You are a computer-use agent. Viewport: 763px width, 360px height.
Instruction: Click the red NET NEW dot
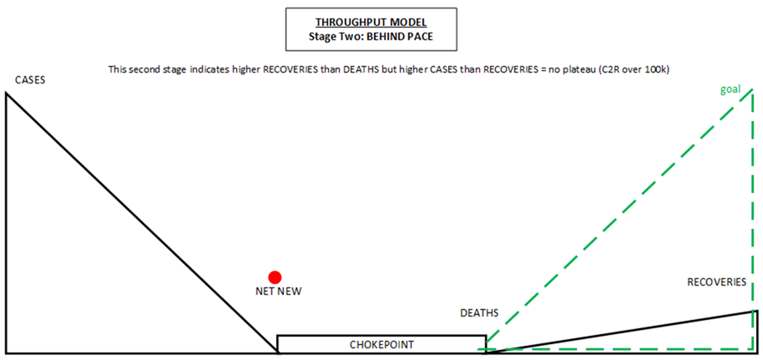(274, 277)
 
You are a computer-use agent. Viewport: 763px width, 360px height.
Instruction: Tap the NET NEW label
(278, 292)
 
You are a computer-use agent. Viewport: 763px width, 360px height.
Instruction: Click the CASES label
(29, 80)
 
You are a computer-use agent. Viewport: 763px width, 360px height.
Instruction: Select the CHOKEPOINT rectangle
(381, 343)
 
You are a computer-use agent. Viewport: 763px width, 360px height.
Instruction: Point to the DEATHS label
(479, 314)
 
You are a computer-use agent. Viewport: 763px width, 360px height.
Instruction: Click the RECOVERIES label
(716, 282)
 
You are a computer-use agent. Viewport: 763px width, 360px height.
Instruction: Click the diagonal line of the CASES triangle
(142, 222)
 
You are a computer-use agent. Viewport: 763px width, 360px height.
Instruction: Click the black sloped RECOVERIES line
(621, 332)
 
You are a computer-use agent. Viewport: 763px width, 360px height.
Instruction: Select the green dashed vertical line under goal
(755, 209)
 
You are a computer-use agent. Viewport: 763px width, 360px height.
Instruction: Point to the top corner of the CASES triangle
(7, 93)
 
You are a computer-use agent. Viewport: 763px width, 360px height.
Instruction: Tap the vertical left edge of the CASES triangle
(6, 226)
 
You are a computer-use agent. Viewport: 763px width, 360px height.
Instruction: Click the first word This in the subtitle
(118, 69)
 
